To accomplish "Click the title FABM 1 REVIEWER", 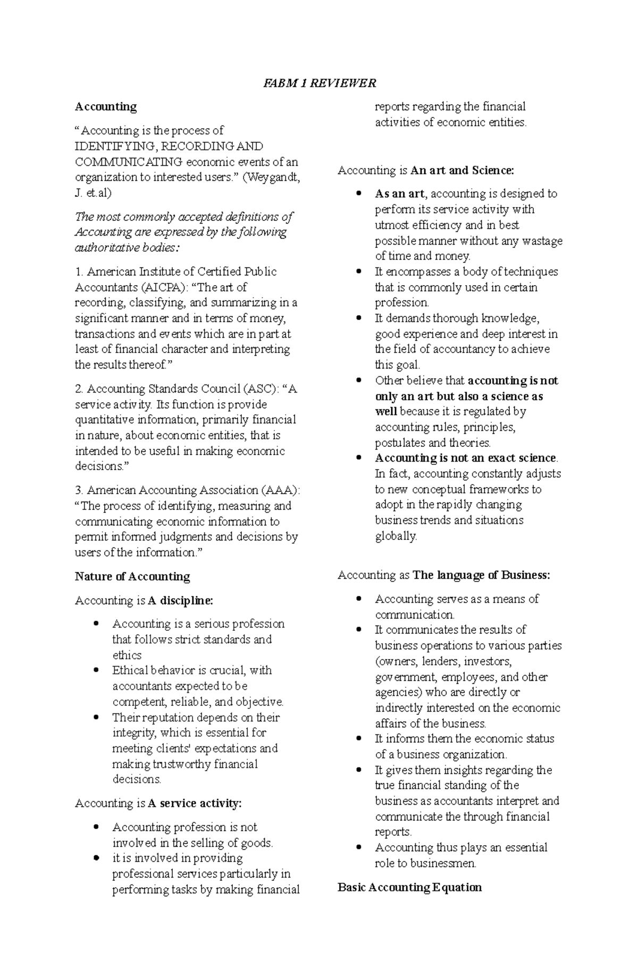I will (320, 83).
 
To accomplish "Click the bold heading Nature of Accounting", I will (132, 577).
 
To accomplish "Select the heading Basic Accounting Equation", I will (409, 887).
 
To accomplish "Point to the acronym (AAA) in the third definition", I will (280, 490).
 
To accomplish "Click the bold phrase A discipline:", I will (180, 600).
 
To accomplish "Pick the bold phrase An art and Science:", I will (463, 170).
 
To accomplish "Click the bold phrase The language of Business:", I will (481, 575).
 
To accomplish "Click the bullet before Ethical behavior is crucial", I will (96, 670).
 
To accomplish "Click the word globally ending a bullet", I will (396, 536).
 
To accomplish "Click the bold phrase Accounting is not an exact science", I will (466, 458).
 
